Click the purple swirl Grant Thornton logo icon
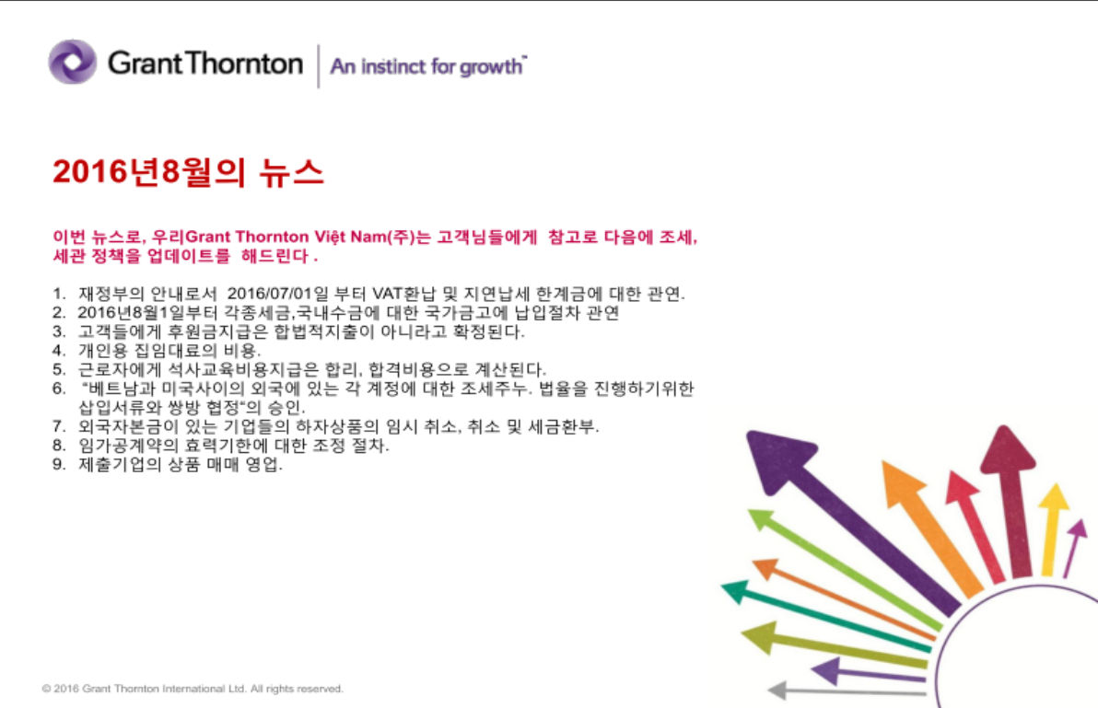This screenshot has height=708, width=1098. pyautogui.click(x=72, y=62)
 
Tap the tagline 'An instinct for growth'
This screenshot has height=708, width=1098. pyautogui.click(x=427, y=66)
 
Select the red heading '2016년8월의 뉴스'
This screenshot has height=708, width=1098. pyautogui.click(x=188, y=172)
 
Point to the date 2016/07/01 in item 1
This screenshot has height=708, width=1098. pyautogui.click(x=270, y=294)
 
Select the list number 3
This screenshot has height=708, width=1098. pyautogui.click(x=59, y=331)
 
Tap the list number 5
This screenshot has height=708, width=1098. pyautogui.click(x=59, y=369)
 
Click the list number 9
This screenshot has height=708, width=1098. pyautogui.click(x=59, y=465)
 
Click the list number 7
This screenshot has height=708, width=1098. pyautogui.click(x=59, y=427)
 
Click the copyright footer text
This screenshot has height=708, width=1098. pyautogui.click(x=193, y=689)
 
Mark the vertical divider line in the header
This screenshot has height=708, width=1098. pyautogui.click(x=319, y=65)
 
